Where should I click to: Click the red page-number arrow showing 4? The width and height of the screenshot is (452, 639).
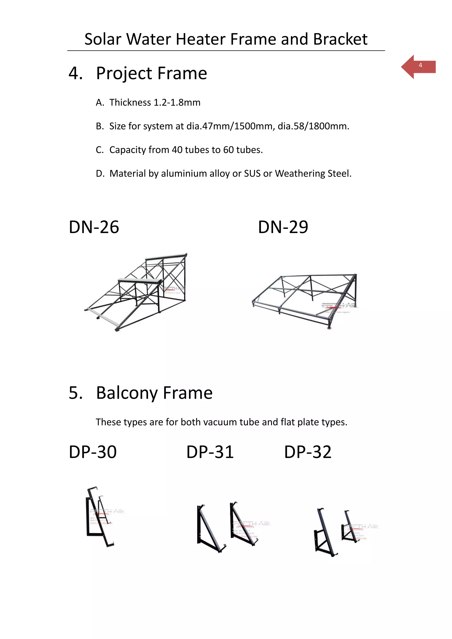(x=418, y=67)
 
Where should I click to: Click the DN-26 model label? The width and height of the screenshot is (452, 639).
(x=94, y=227)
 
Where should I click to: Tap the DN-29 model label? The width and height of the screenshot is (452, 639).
(x=283, y=227)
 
